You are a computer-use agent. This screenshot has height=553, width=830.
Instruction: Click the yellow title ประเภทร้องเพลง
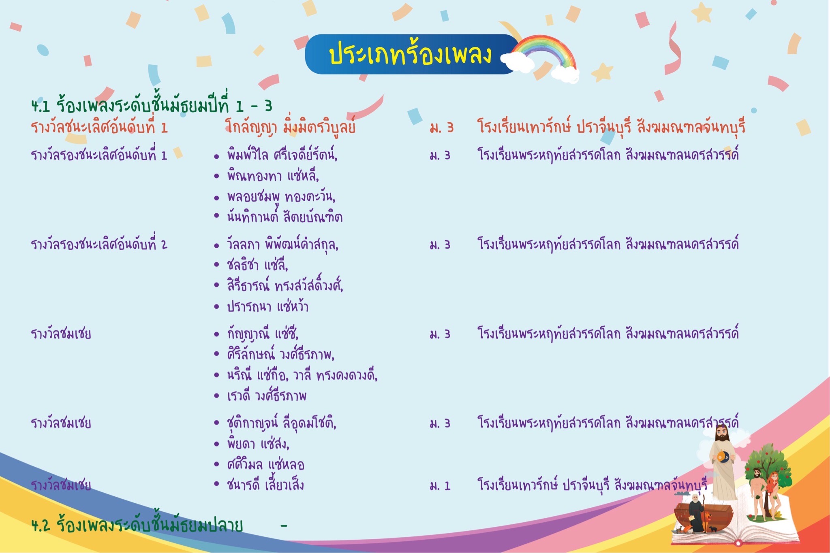click(x=410, y=54)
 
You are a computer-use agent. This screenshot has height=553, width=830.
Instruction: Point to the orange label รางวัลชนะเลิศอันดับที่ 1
click(x=99, y=128)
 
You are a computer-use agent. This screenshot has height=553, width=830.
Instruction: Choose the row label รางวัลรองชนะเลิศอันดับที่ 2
click(x=99, y=245)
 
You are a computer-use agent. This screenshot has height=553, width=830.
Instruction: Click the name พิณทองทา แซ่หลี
click(x=273, y=176)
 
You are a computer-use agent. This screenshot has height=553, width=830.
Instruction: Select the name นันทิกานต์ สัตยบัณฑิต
click(x=285, y=217)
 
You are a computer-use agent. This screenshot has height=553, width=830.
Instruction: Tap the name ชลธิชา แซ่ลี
click(x=257, y=265)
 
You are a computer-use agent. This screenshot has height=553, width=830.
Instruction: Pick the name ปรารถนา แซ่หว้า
click(x=267, y=306)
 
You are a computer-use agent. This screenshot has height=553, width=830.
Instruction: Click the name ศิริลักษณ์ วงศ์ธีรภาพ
click(x=280, y=354)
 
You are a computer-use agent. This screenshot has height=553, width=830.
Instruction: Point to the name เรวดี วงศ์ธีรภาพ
click(x=267, y=396)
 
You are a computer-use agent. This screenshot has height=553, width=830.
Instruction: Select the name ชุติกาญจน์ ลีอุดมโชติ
click(x=281, y=423)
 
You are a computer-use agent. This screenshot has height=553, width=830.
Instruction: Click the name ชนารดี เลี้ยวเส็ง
click(x=265, y=485)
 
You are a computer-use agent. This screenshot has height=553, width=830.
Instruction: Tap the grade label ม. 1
click(x=440, y=485)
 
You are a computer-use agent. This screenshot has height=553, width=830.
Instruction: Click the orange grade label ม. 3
click(x=442, y=128)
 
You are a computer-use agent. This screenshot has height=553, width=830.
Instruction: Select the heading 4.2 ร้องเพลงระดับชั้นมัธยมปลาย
click(x=137, y=525)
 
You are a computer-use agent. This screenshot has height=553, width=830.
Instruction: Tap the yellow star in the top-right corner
click(x=702, y=13)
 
